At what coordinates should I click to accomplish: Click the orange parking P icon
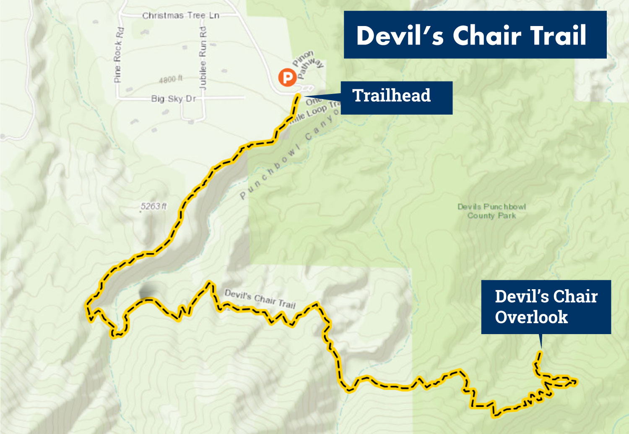point(288,77)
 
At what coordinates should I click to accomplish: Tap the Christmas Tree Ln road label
point(180,16)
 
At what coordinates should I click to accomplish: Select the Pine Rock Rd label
point(118,55)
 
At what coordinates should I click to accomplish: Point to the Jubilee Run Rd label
point(203,58)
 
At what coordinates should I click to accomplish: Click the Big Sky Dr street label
point(173,99)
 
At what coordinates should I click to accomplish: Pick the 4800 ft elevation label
point(171,79)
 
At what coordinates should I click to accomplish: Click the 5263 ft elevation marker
point(153,206)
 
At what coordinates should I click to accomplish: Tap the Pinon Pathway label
point(308,64)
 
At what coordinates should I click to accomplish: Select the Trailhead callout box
point(396,97)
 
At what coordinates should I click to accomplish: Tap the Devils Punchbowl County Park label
point(491,211)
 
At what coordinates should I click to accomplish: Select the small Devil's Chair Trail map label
point(260,298)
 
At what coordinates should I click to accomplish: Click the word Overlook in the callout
point(531,317)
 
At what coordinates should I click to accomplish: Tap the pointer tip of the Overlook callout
point(541,348)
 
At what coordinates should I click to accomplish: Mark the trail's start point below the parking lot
point(298,97)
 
